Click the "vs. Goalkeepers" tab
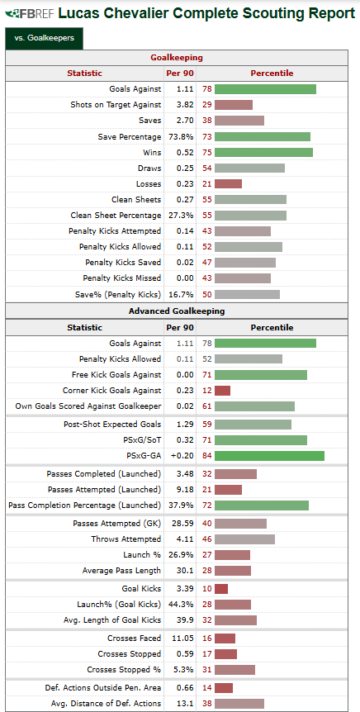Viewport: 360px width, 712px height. point(44,38)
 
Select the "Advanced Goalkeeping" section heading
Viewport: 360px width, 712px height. point(177,311)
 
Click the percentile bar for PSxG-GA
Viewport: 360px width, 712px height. point(269,456)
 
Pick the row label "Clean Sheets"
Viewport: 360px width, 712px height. point(136,199)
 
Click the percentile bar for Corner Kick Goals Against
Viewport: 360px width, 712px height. point(222,391)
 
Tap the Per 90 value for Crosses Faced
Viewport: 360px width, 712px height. point(182,638)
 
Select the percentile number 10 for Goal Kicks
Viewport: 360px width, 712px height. point(207,588)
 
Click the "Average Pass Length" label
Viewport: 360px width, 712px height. point(121,570)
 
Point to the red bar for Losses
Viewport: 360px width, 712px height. point(228,184)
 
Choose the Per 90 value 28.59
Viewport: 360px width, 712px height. point(182,524)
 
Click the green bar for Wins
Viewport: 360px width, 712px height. point(263,153)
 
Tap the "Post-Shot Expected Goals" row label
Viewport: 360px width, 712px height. point(112,425)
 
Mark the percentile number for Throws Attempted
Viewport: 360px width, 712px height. point(207,539)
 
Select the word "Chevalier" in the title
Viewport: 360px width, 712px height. point(145,14)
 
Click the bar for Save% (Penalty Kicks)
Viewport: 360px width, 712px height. point(247,294)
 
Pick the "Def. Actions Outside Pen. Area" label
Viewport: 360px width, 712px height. point(103,687)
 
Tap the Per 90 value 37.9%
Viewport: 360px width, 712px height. point(182,505)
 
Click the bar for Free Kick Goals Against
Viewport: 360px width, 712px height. point(261,375)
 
